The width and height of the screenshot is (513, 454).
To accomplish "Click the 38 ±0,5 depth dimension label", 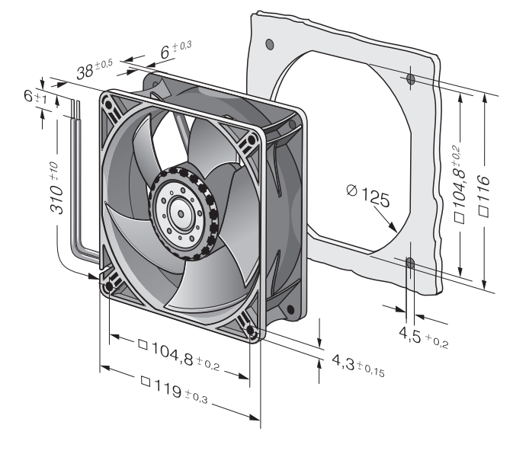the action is (x=95, y=69).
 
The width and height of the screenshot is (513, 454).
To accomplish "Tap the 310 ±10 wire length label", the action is (x=56, y=189).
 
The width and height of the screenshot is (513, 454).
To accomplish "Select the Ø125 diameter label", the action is (x=368, y=196).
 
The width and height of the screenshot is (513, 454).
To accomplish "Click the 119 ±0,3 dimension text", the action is (x=174, y=391).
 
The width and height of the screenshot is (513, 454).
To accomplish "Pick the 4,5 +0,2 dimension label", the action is (x=423, y=337).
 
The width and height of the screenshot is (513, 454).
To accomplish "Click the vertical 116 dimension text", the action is (x=484, y=196).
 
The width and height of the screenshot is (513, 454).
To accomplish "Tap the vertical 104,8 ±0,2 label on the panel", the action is (x=459, y=184).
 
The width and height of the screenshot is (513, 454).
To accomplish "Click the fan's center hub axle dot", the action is (x=181, y=214).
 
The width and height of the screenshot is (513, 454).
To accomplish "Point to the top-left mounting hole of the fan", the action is (x=107, y=104).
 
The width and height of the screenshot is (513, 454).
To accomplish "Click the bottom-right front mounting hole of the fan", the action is (x=251, y=330).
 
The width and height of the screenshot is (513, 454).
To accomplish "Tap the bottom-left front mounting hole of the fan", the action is (x=109, y=287).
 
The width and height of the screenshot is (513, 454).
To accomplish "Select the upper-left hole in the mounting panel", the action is (x=270, y=43).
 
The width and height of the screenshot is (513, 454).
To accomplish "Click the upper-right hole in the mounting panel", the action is (x=410, y=78).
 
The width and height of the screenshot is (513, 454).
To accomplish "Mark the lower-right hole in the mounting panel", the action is (x=410, y=262).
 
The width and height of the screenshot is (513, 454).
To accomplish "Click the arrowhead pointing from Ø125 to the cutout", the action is (x=393, y=227).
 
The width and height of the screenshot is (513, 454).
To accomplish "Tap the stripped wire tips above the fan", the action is (x=75, y=108).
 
